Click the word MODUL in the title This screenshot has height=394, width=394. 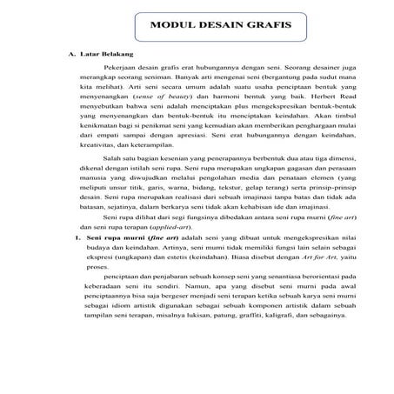tap(170, 25)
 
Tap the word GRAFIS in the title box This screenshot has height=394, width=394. tap(264, 25)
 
